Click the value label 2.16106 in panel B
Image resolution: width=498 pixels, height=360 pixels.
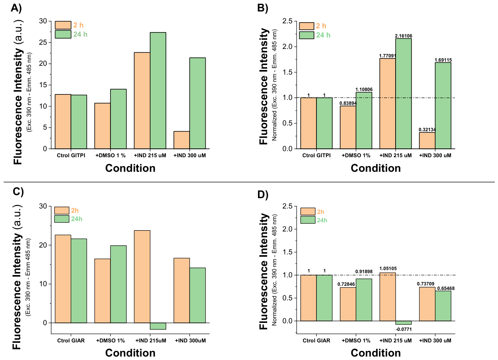point(404,36)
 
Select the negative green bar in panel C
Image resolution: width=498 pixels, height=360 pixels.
point(158,326)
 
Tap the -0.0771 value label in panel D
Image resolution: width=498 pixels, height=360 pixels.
point(404,329)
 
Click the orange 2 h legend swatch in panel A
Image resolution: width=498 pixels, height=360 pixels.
point(63,25)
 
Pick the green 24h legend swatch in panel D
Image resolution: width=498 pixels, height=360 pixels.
point(308,220)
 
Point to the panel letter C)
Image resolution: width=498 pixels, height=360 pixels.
point(18,191)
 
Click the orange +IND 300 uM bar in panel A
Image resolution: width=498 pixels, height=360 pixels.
point(182,140)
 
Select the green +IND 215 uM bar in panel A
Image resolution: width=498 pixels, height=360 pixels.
point(158,91)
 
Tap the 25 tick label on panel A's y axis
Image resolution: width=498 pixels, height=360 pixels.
point(43,42)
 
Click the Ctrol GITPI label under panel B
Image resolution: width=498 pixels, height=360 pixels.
point(316,155)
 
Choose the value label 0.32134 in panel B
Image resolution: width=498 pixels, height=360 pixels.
point(427,130)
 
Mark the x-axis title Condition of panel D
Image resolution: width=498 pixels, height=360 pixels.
point(376,353)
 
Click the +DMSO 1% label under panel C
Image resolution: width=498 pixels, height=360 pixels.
point(110,340)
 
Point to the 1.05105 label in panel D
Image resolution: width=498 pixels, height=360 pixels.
point(388,269)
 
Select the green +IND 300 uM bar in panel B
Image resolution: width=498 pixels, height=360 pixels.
point(443,106)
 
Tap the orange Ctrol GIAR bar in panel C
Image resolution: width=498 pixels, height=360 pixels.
point(63,279)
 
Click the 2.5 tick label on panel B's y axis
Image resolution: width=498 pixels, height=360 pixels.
point(287,21)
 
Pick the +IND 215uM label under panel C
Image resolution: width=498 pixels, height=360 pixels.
point(151,340)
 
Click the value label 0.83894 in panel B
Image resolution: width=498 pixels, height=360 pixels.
point(348,103)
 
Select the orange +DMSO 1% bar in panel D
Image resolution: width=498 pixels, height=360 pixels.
point(348,304)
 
